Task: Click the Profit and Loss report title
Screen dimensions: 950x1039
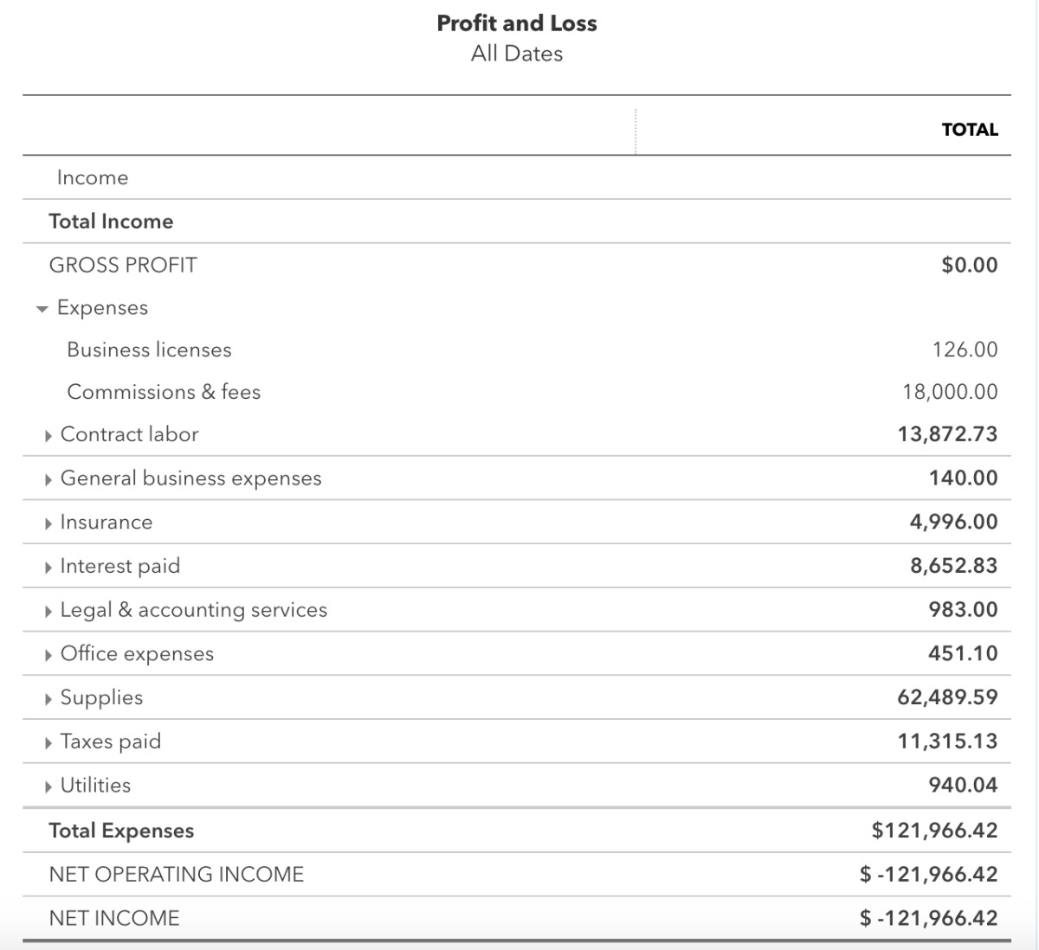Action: [x=517, y=23]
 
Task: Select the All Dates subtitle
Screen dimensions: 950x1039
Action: [x=517, y=54]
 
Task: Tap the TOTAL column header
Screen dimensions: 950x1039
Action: [x=970, y=130]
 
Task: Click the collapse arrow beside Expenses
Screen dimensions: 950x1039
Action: [x=42, y=309]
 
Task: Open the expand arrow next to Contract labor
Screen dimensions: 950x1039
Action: [x=48, y=435]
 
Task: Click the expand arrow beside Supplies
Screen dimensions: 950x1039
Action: [x=48, y=698]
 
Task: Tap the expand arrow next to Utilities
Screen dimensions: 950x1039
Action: [x=48, y=786]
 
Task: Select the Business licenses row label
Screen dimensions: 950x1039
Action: [x=149, y=350]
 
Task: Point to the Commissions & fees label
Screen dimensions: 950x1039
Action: [x=164, y=392]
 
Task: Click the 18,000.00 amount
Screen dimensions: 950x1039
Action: [x=950, y=392]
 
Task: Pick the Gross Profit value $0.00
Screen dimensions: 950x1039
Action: [x=970, y=265]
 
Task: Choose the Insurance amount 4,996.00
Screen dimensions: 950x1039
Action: [x=953, y=522]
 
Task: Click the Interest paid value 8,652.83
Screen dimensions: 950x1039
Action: [x=953, y=566]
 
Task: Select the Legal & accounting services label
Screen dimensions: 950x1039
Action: [x=193, y=610]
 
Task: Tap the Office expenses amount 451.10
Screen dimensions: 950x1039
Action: [x=963, y=653]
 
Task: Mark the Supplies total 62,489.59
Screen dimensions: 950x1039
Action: [x=947, y=697]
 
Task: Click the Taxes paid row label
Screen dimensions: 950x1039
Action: [x=110, y=741]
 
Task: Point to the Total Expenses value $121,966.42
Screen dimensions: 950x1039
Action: [x=934, y=831]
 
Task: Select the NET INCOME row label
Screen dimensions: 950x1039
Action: [x=114, y=918]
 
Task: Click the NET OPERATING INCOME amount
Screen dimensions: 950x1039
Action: [x=928, y=875]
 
